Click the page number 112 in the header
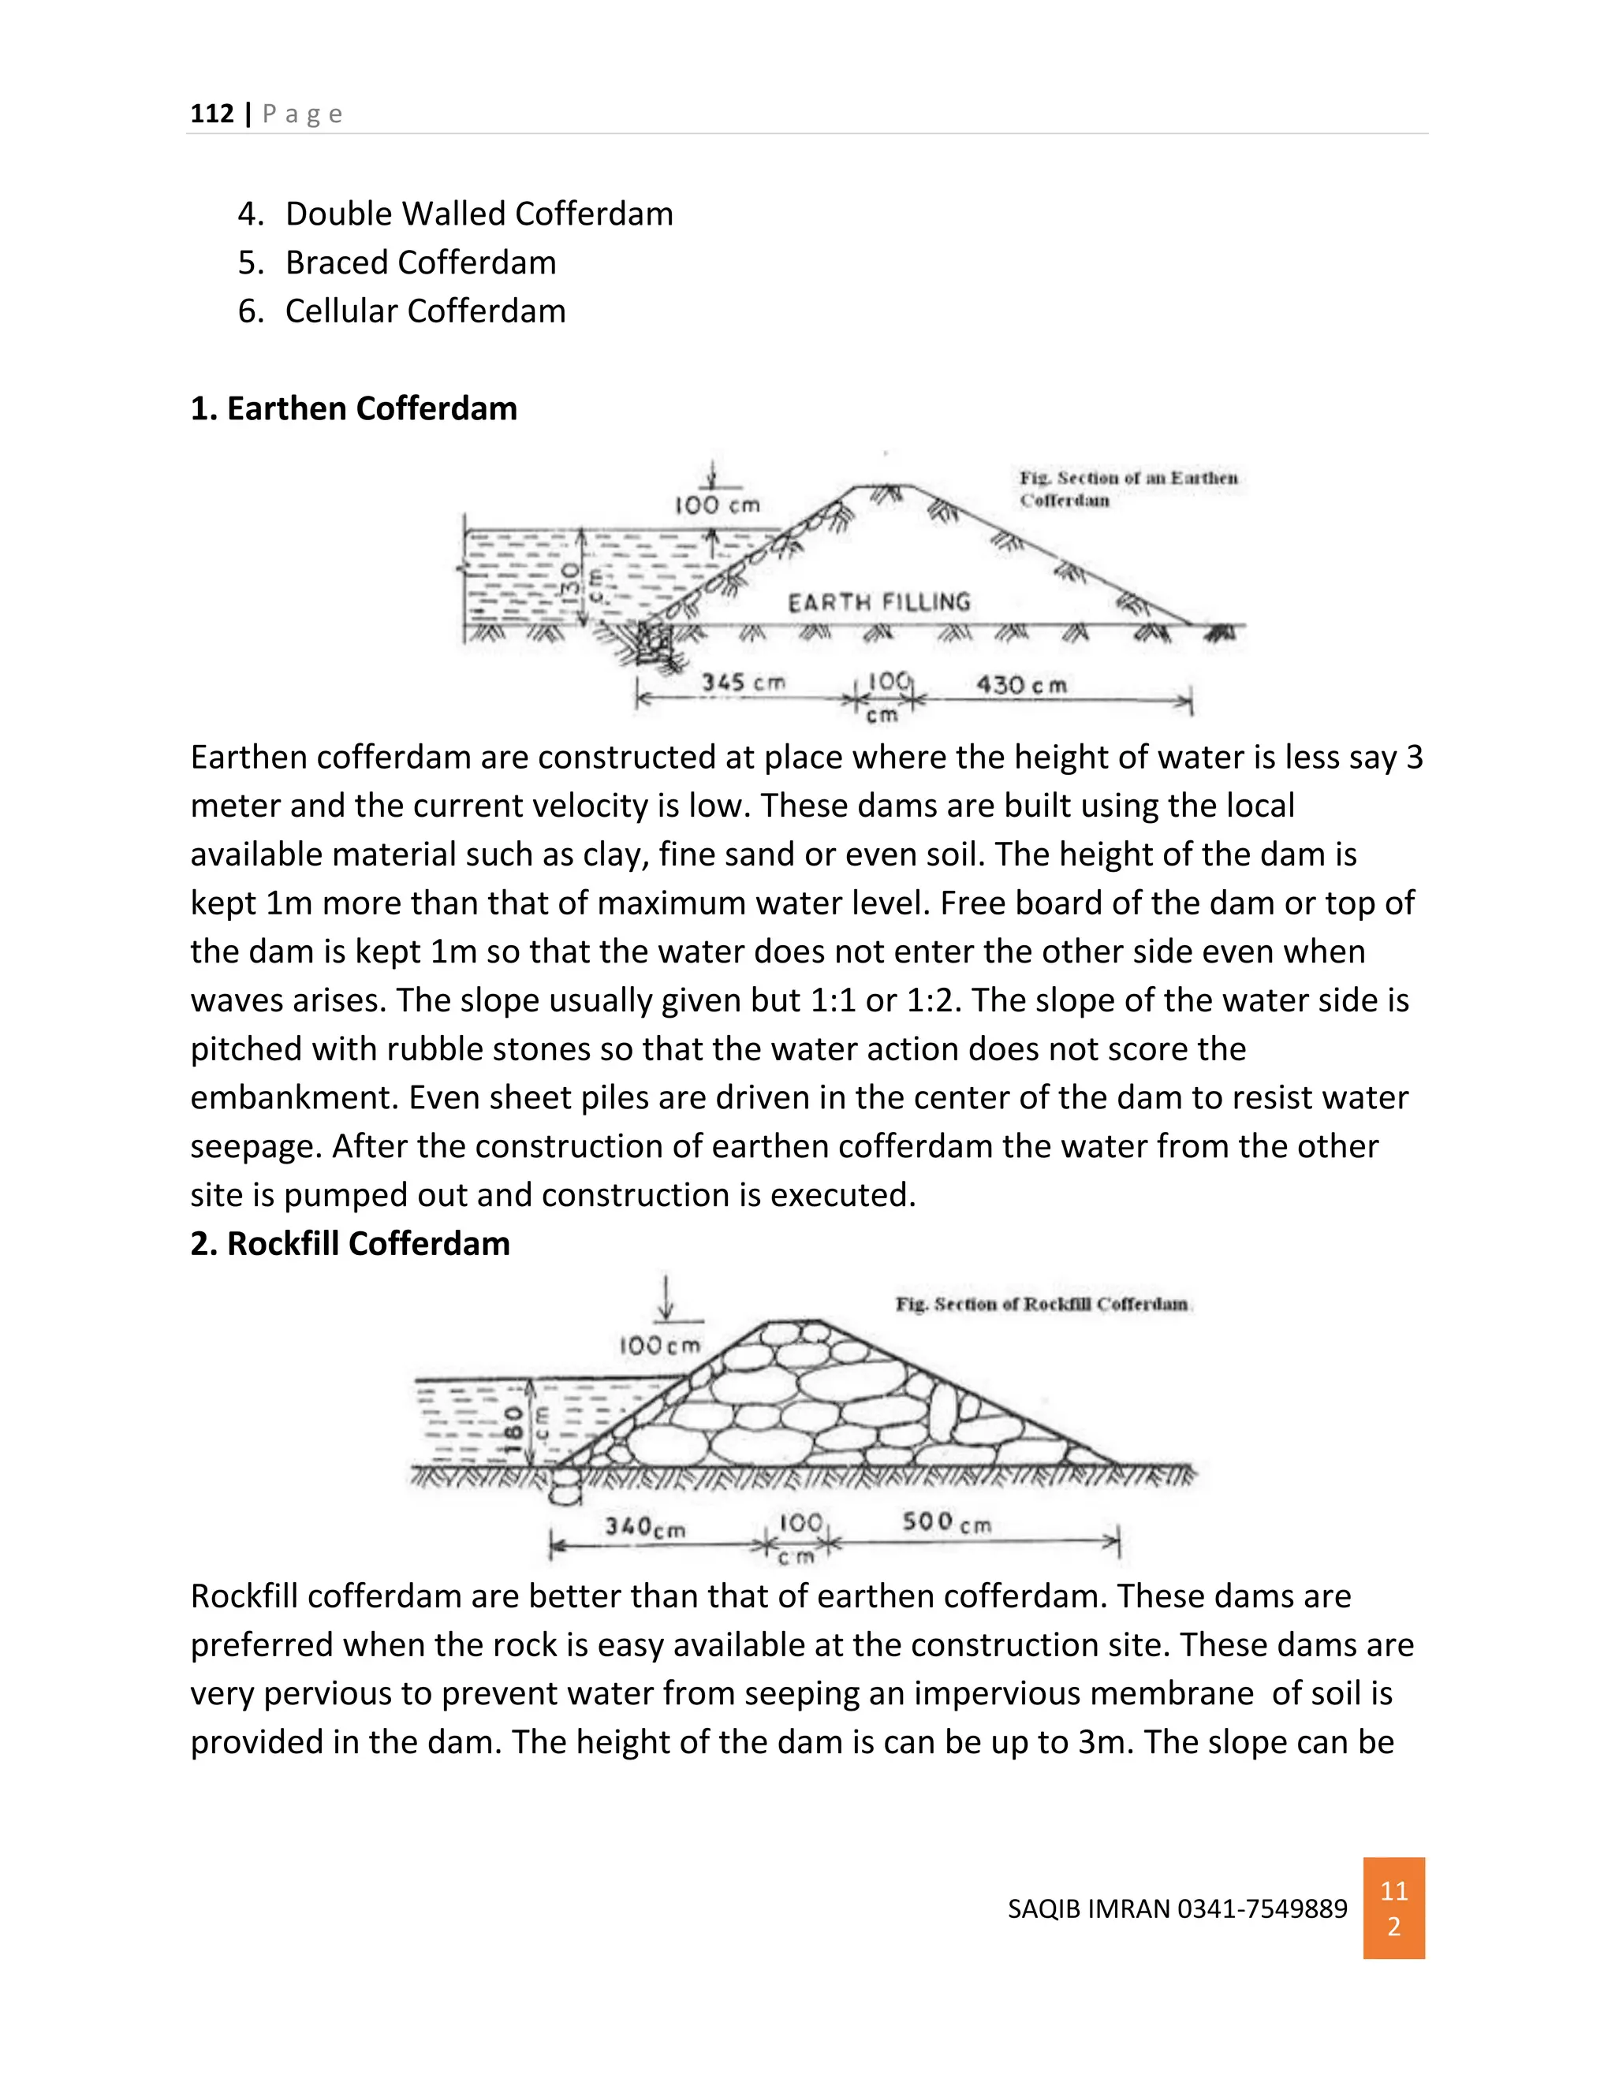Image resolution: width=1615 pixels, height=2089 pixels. [x=211, y=114]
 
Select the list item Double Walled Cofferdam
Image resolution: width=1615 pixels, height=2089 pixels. [x=479, y=214]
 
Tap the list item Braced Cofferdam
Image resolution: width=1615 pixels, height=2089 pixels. [x=420, y=262]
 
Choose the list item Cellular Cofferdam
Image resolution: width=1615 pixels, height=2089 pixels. [x=425, y=311]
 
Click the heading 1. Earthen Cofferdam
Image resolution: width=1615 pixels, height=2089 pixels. [x=353, y=408]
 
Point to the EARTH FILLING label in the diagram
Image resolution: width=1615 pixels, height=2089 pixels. [x=878, y=601]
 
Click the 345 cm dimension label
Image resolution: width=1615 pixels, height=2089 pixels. [x=742, y=682]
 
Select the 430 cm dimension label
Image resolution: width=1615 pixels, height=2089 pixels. [x=1021, y=685]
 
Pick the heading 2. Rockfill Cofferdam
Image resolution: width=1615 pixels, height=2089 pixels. [x=349, y=1243]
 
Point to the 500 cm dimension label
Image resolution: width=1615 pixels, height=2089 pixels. [x=946, y=1521]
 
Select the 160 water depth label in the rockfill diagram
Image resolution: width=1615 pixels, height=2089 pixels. [x=514, y=1428]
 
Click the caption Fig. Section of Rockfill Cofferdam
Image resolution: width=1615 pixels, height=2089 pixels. [x=1041, y=1304]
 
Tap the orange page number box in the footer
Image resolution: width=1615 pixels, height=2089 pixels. [x=1393, y=1908]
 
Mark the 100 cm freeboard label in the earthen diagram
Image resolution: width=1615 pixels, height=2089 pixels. [x=717, y=505]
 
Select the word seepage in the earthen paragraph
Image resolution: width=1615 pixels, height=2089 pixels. [x=252, y=1146]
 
